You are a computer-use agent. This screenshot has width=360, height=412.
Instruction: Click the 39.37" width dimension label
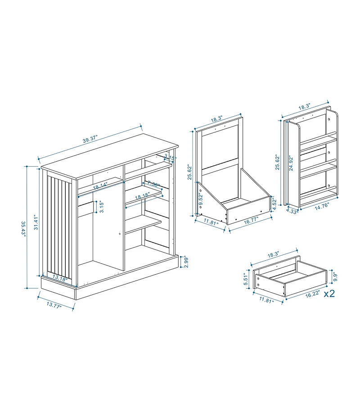[x=90, y=139]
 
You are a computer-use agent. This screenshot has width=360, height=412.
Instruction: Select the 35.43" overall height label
[x=23, y=227]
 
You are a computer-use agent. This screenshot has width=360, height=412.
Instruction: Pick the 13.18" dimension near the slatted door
[x=59, y=278]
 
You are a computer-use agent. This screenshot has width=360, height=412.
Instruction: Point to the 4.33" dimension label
[x=292, y=210]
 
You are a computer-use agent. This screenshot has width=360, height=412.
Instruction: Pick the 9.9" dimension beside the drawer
[x=334, y=275]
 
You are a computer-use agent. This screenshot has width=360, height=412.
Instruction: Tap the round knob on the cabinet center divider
[x=120, y=233]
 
